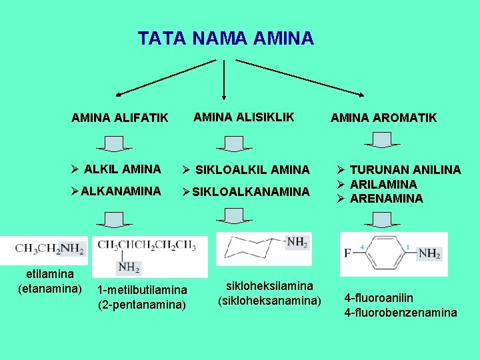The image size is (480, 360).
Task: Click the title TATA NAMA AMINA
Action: [x=225, y=39]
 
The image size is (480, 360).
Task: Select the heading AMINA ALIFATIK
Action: [x=120, y=118]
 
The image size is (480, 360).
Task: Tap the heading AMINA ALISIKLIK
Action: [x=243, y=117]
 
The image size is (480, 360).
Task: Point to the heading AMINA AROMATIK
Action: [x=383, y=118]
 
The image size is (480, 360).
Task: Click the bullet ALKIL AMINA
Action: [x=123, y=169]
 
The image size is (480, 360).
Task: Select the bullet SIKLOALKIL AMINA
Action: [x=251, y=170]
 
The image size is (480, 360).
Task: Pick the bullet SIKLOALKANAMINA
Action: [x=251, y=192]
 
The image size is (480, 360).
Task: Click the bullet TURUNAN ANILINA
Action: [x=405, y=170]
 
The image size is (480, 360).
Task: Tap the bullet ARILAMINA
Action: [x=383, y=184]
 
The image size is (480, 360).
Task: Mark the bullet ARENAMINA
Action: [x=386, y=198]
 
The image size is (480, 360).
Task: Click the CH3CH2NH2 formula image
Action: [x=50, y=249]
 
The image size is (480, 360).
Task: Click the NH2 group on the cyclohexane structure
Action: [x=297, y=242]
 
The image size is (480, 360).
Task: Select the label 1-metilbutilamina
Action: [x=142, y=290]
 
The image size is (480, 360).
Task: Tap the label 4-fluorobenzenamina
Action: [x=400, y=312]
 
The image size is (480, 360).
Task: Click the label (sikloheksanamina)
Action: [x=269, y=301]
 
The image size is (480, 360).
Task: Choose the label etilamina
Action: [x=50, y=273]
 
